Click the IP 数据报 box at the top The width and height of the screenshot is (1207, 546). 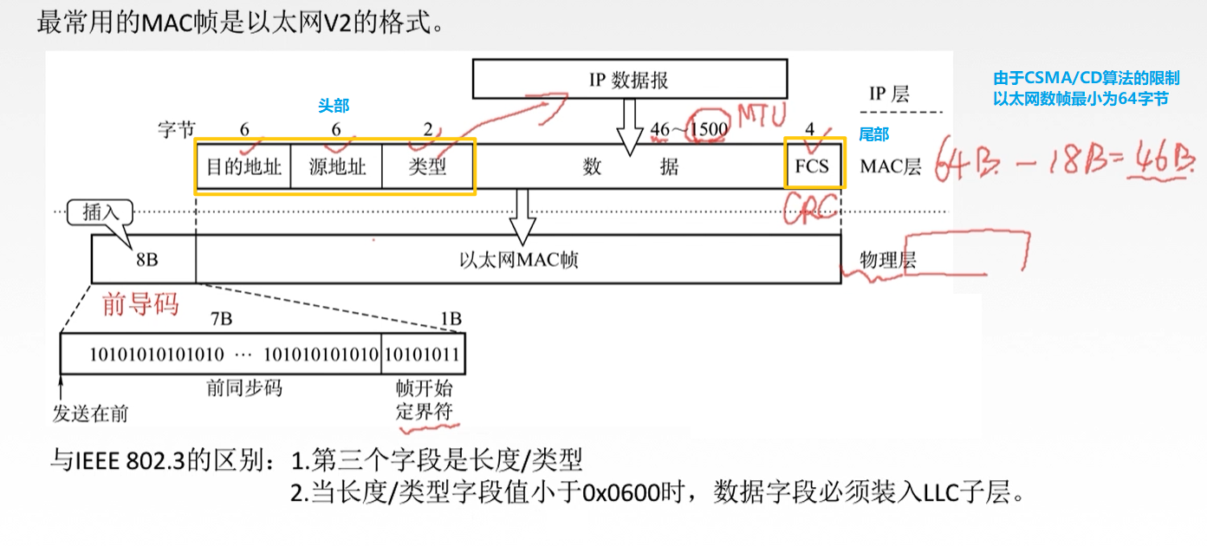630,80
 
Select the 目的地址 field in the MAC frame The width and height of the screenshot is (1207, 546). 243,166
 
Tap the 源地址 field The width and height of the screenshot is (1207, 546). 336,166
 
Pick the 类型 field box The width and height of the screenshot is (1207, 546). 427,166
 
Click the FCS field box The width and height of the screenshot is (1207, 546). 813,166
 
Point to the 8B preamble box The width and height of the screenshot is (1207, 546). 144,259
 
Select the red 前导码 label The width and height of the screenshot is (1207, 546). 140,304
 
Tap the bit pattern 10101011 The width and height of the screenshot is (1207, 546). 423,354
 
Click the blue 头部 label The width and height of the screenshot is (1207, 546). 334,106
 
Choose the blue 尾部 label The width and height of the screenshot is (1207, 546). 873,134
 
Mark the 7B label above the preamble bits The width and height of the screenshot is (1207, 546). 221,319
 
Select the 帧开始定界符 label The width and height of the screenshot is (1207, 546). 424,400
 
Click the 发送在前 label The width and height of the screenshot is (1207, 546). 90,413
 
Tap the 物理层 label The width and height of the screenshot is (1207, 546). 888,260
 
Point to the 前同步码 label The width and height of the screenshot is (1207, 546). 243,387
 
